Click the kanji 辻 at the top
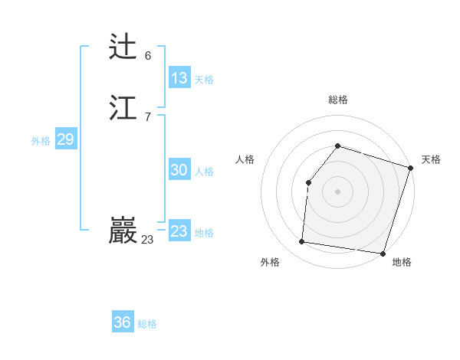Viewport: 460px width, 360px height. (x=123, y=47)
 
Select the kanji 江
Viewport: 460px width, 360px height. (x=123, y=108)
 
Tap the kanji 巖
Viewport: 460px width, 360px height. (x=123, y=231)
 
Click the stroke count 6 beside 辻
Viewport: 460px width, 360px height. (x=148, y=55)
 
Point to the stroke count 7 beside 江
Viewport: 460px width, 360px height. (x=148, y=116)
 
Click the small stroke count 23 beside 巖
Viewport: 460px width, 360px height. (x=147, y=240)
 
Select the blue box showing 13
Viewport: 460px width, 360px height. (x=179, y=78)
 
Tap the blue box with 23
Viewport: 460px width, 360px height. (x=179, y=231)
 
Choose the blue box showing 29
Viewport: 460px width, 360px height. (x=65, y=139)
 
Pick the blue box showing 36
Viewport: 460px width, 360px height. (x=123, y=322)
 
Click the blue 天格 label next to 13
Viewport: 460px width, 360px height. (x=204, y=80)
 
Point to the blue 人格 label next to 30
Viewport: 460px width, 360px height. (x=204, y=172)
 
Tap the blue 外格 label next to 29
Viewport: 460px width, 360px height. (x=41, y=141)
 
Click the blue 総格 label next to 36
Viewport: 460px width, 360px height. (x=147, y=324)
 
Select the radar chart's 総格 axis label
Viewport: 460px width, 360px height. (x=338, y=100)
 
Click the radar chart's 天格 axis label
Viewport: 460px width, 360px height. (x=431, y=159)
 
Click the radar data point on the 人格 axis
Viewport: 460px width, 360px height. (x=308, y=182)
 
